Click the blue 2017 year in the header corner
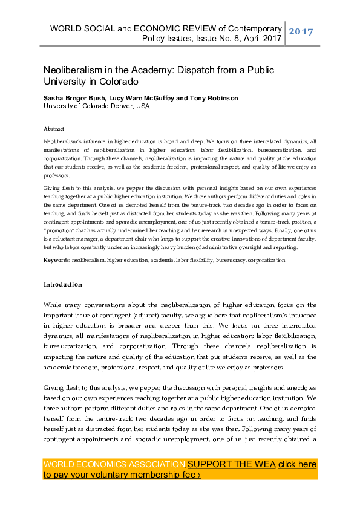point(301,31)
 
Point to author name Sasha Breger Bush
point(75,98)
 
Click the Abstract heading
point(54,129)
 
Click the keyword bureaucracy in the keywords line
point(232,260)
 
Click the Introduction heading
point(63,284)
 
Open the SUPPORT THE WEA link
point(232,464)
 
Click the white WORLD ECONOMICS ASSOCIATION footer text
point(114,464)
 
